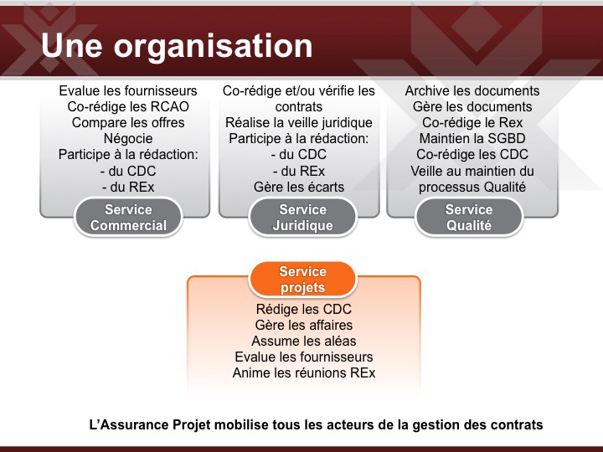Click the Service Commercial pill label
128,217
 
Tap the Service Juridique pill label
302,217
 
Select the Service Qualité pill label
469,217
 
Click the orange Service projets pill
302,280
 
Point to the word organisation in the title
213,47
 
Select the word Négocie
128,139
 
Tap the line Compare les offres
128,122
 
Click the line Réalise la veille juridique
299,122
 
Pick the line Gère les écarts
299,187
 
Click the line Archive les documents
472,90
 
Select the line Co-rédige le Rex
472,122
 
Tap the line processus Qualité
472,187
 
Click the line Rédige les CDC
304,309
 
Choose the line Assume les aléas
304,341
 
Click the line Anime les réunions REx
304,372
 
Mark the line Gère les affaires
304,325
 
